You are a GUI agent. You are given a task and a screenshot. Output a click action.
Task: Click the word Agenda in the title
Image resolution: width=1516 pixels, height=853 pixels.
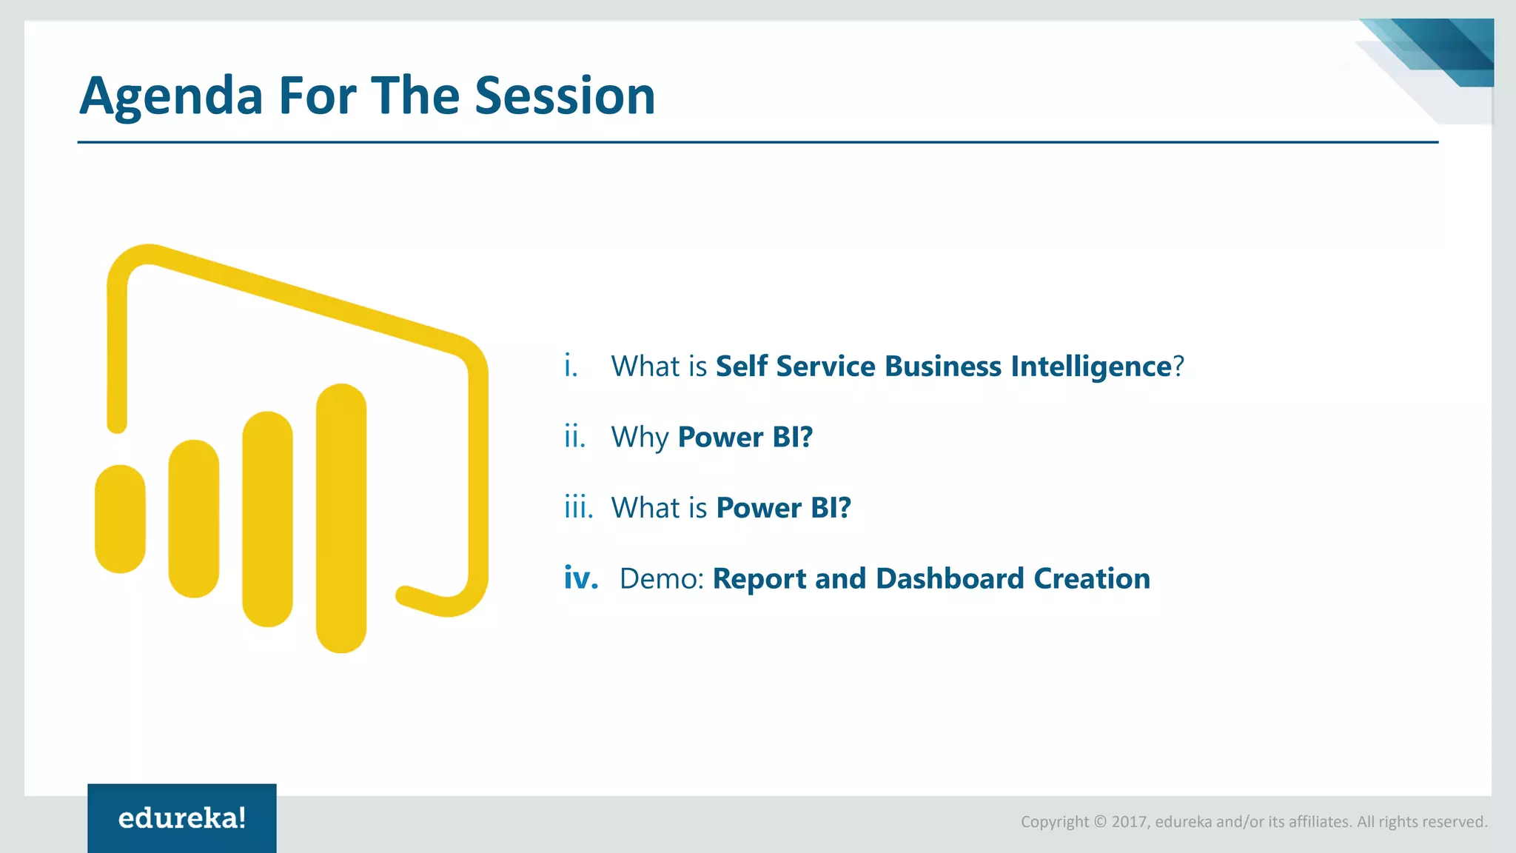[x=171, y=97]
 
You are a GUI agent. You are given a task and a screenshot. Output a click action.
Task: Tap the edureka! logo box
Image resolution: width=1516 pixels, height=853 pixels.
[x=182, y=818]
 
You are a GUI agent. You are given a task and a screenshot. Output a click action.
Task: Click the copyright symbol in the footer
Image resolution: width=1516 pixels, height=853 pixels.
[x=1100, y=822]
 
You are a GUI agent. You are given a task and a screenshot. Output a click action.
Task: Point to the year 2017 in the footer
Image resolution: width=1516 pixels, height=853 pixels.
[x=1130, y=822]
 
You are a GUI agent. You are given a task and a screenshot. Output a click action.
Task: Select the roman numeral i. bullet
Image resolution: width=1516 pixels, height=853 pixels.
[x=571, y=366]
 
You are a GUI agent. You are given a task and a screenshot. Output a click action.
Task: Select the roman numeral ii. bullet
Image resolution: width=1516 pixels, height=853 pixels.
[x=574, y=437]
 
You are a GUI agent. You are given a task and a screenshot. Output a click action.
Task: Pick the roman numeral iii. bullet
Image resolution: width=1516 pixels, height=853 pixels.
[x=578, y=508]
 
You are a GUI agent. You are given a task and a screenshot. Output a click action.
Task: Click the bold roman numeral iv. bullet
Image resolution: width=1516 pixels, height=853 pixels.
[x=581, y=578]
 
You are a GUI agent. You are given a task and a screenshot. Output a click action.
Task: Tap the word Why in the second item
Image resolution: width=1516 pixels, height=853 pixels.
[x=640, y=438]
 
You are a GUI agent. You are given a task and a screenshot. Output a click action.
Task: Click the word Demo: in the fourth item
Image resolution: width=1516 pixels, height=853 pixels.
[x=662, y=579]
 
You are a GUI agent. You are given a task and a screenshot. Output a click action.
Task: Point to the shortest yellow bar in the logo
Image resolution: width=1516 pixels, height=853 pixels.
[x=120, y=518]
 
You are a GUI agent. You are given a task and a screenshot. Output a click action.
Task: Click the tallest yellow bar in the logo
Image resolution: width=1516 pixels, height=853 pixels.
[x=341, y=518]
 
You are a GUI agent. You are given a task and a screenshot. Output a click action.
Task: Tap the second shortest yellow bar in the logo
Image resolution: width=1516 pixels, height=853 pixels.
[x=194, y=518]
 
